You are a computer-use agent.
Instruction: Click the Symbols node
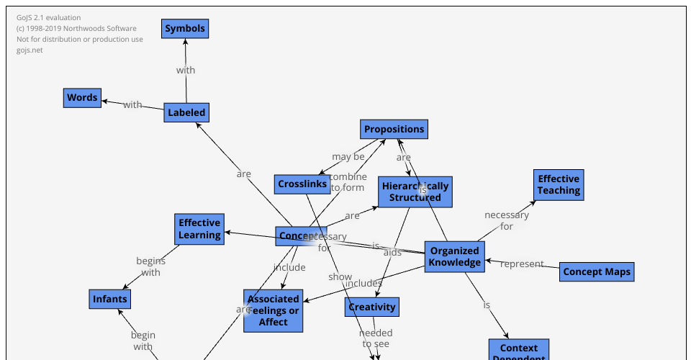[x=185, y=29]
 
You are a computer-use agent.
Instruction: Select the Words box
[x=82, y=98]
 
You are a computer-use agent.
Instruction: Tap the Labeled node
[x=186, y=112]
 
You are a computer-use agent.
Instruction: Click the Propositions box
[x=394, y=130]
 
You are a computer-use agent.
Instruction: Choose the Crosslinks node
[x=302, y=184]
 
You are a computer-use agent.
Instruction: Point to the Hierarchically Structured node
[x=415, y=192]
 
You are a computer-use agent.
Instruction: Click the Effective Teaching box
[x=559, y=185]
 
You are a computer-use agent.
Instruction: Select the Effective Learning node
[x=199, y=229]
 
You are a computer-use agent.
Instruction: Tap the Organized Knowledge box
[x=454, y=256]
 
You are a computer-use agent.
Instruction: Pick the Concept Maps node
[x=597, y=271]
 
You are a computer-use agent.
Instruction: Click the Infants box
[x=110, y=299]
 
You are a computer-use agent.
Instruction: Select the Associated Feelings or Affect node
[x=273, y=310]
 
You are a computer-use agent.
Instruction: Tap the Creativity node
[x=372, y=307]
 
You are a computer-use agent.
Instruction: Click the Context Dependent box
[x=519, y=351]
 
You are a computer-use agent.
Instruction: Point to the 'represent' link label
[x=522, y=264]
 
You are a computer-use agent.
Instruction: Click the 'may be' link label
[x=348, y=156]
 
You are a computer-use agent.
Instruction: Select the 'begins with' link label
[x=150, y=266]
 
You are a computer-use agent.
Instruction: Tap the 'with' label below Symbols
[x=186, y=70]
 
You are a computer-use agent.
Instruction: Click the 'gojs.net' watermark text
[x=30, y=50]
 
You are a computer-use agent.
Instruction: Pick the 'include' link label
[x=289, y=267]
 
